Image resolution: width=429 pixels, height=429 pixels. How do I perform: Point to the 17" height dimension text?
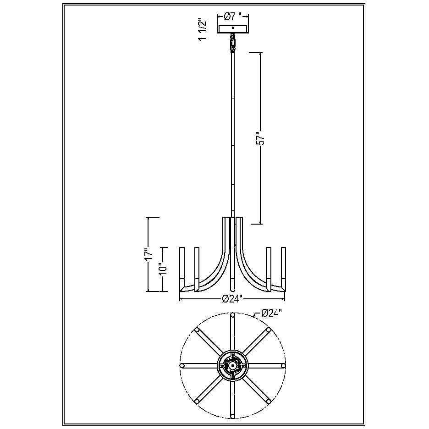click(x=148, y=255)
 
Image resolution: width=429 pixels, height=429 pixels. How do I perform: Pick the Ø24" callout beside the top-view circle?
click(x=271, y=313)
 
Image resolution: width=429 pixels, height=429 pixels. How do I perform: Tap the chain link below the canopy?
click(x=233, y=43)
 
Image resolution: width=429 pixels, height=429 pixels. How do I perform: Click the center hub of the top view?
click(x=233, y=366)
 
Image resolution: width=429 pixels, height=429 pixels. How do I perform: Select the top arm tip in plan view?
click(x=233, y=315)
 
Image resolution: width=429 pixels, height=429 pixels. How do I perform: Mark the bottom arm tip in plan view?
click(x=233, y=416)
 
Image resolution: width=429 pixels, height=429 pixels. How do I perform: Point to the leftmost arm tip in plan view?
click(x=182, y=365)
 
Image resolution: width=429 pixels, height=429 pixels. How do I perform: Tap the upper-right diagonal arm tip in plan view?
click(x=269, y=330)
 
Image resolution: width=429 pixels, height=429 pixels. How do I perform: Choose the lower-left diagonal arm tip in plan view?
click(x=197, y=401)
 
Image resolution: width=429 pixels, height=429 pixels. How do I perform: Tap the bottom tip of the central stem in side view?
click(x=233, y=289)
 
